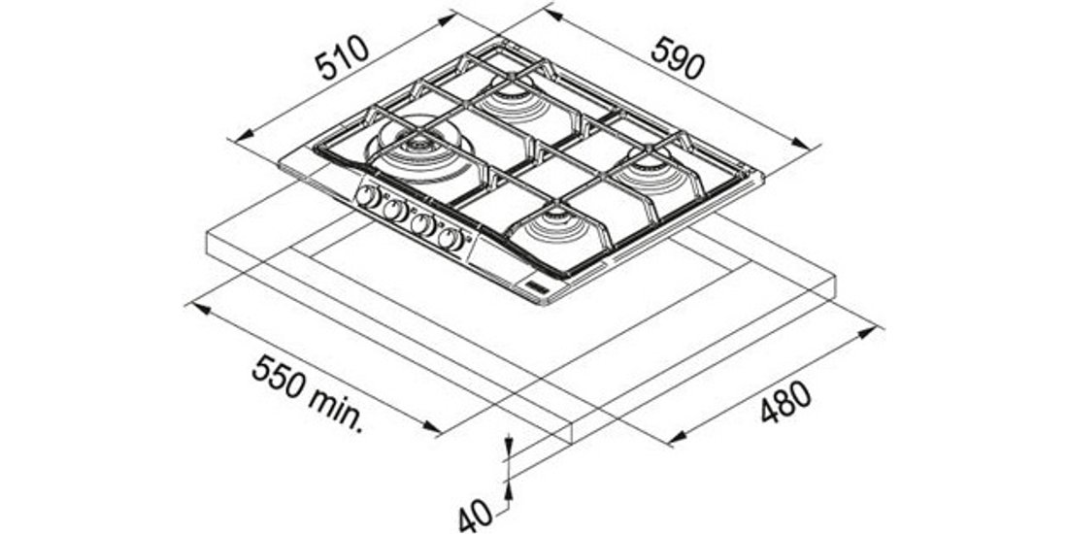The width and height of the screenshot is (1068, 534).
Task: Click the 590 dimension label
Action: (x=678, y=58)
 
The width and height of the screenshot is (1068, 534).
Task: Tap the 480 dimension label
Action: (x=785, y=402)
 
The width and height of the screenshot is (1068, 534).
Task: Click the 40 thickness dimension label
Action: (x=476, y=517)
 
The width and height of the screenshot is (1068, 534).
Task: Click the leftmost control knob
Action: (x=368, y=197)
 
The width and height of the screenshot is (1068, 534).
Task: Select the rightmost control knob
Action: (x=451, y=239)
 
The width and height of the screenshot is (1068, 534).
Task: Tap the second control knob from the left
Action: (x=394, y=211)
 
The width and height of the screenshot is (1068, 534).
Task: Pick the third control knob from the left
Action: (x=423, y=225)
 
